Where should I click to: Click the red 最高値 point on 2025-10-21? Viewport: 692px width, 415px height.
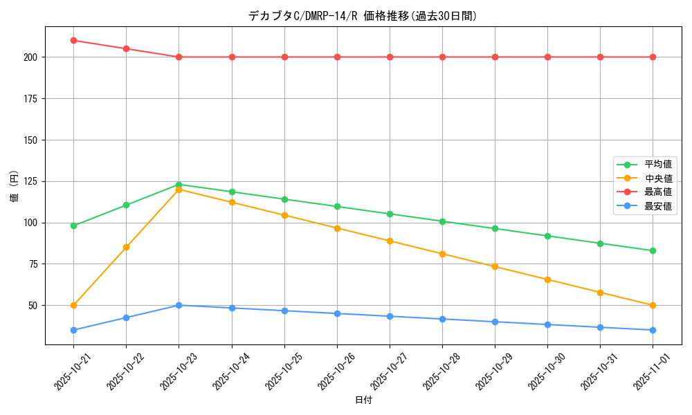click(x=73, y=40)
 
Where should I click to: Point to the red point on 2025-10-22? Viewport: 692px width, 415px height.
click(x=126, y=48)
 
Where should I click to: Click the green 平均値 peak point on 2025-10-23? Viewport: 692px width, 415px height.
click(x=179, y=185)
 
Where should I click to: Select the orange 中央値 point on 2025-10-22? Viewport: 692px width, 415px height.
click(x=126, y=247)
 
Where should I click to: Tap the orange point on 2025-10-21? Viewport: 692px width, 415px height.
click(x=73, y=305)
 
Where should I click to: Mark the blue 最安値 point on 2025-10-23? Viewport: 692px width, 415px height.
click(x=179, y=305)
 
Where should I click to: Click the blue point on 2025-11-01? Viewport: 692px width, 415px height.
click(x=653, y=330)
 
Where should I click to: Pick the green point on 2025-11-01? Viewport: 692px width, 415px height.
click(x=653, y=250)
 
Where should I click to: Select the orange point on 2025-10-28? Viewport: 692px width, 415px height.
click(x=442, y=254)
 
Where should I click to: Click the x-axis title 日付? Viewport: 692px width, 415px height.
click(x=363, y=400)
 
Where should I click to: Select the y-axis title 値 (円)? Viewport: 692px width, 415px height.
click(x=15, y=186)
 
